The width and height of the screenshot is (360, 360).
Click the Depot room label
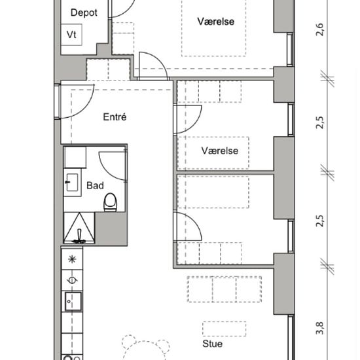(x=84, y=13)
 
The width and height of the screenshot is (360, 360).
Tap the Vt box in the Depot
(x=71, y=35)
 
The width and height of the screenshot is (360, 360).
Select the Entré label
(x=115, y=117)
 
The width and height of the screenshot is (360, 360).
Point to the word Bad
(x=95, y=185)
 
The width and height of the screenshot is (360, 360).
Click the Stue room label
(x=212, y=344)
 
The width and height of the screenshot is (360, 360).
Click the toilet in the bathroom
(x=111, y=202)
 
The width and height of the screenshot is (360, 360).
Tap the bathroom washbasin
(x=72, y=183)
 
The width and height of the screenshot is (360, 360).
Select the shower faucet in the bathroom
(x=79, y=236)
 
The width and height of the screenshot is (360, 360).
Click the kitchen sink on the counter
(x=73, y=302)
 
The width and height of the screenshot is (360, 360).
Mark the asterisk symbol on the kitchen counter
(x=72, y=259)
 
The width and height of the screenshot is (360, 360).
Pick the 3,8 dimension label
(x=319, y=329)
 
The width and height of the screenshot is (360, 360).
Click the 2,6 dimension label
(x=319, y=29)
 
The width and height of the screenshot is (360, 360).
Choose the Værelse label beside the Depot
(x=216, y=22)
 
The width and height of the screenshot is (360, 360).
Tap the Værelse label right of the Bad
(x=220, y=151)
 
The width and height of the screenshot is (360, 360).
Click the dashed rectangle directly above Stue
(x=225, y=329)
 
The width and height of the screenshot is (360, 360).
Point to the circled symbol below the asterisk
(x=72, y=280)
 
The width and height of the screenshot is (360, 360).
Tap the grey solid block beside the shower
(x=111, y=229)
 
